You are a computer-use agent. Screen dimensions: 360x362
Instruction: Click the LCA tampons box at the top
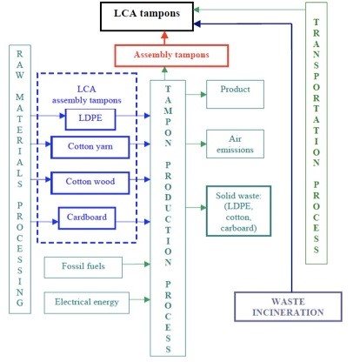(147, 17)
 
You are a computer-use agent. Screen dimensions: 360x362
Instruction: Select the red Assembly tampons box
(171, 56)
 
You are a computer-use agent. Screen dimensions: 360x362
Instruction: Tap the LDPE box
(90, 119)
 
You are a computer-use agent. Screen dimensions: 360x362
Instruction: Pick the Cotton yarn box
(90, 147)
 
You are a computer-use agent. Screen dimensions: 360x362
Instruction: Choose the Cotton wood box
(90, 183)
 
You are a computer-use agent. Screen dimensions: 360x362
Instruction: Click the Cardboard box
(87, 218)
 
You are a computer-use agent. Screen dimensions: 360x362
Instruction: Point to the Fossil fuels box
(83, 267)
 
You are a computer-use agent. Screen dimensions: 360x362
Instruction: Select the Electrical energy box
(87, 303)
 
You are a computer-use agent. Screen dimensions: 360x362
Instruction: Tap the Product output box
(235, 94)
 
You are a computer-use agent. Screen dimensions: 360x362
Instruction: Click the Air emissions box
(235, 144)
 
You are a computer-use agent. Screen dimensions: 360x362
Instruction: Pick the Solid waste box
(238, 211)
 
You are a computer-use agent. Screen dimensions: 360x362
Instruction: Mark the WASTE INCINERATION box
(288, 306)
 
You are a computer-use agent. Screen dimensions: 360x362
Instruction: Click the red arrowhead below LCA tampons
(164, 36)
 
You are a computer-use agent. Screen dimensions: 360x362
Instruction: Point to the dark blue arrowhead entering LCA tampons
(197, 23)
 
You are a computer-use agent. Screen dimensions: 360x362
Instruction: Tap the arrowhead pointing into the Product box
(203, 94)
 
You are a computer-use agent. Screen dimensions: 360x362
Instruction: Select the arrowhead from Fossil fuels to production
(147, 264)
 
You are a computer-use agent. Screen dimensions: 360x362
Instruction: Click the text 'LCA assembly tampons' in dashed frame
(86, 95)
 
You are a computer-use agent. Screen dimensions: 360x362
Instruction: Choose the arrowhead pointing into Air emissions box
(203, 144)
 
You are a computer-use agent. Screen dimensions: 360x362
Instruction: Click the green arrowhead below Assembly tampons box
(164, 70)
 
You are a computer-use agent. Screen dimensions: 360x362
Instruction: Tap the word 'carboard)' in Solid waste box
(238, 228)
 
